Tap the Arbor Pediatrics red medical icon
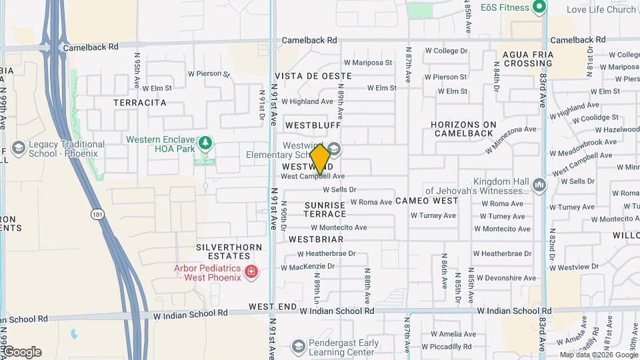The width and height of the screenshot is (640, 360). point(251,272)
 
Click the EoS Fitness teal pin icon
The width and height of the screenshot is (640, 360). point(539,8)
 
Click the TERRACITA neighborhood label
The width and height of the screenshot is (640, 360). point(139,103)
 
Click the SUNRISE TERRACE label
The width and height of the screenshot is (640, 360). point(325,209)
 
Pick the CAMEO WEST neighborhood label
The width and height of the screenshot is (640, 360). point(427,201)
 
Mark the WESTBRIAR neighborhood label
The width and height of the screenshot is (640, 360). point(316,239)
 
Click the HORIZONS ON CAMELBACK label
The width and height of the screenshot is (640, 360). point(473,129)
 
